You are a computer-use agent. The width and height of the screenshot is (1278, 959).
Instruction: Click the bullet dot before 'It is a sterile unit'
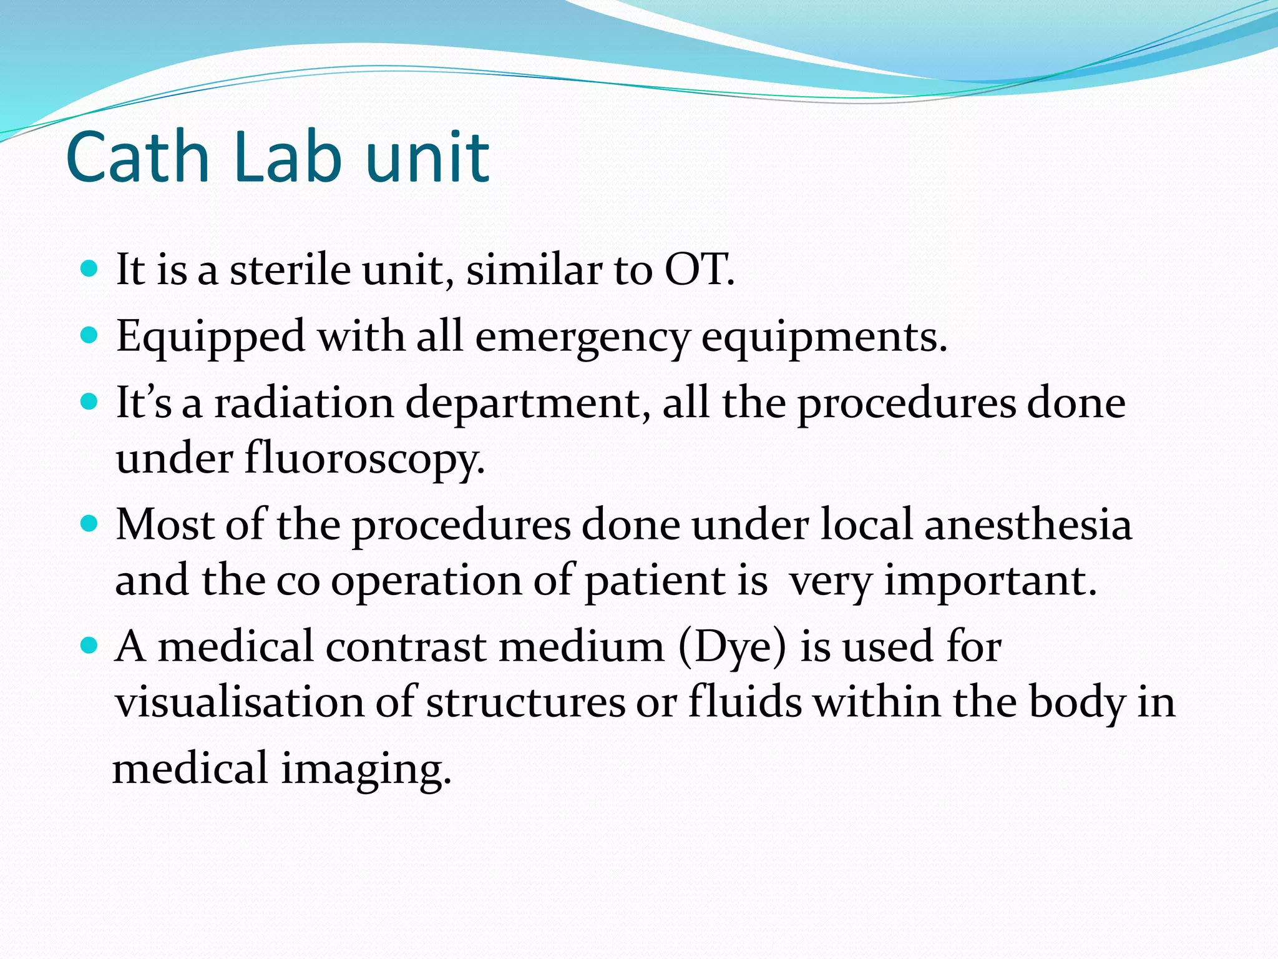(x=90, y=270)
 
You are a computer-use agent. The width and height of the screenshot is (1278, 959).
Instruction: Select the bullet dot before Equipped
(x=90, y=337)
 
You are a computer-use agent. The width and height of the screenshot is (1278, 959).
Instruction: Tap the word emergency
(x=582, y=338)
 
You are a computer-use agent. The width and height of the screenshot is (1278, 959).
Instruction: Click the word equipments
(x=824, y=338)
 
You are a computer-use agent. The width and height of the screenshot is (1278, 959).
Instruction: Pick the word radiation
(x=304, y=403)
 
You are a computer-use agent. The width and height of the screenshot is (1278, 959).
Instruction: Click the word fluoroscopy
(x=364, y=460)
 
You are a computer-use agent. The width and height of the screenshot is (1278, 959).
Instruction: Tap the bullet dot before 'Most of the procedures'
(x=90, y=523)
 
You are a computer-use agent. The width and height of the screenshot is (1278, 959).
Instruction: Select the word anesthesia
(x=1028, y=524)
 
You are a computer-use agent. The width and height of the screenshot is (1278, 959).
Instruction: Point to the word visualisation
(x=240, y=702)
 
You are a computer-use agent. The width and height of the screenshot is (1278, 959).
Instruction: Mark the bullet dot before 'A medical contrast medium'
(x=90, y=645)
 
